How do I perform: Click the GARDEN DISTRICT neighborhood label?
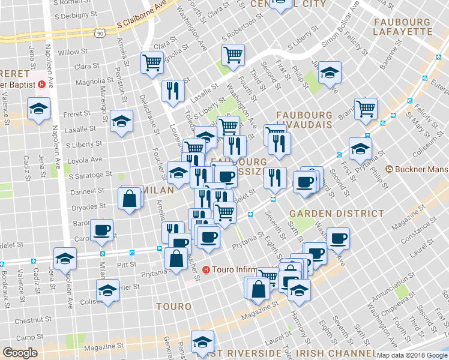point(336,213)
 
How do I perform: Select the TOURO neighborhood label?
point(173,306)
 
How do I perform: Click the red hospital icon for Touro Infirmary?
point(206,269)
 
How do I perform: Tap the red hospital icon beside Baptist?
point(41,85)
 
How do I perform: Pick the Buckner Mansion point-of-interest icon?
point(390,170)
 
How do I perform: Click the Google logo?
point(20,353)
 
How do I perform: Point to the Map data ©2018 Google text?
point(411,355)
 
